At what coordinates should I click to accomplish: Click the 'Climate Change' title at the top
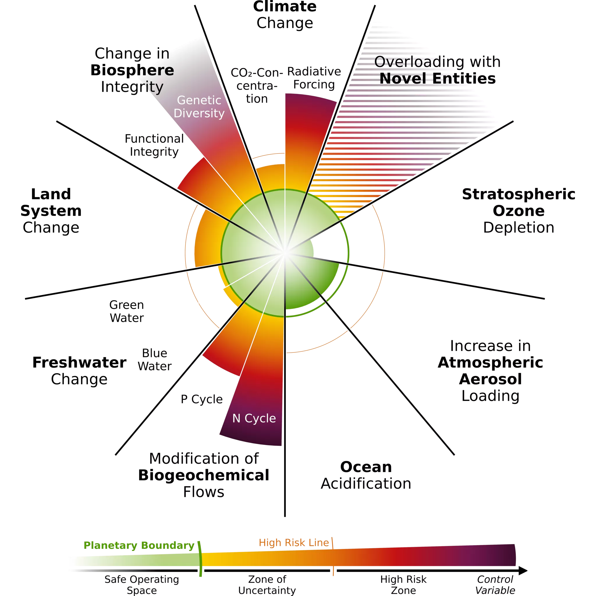pos(284,15)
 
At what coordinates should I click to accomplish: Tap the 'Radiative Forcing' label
pos(314,78)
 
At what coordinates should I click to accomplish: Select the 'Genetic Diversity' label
pos(199,107)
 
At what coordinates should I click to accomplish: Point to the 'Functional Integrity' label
pos(154,145)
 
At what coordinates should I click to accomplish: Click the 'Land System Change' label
pos(51,211)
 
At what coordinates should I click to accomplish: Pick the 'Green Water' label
pos(127,311)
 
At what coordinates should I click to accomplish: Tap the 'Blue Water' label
pos(155,359)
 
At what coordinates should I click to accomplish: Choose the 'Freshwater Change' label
pos(79,370)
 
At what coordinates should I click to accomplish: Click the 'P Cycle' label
pos(201,399)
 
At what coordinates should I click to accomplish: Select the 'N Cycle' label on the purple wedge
pos(254,418)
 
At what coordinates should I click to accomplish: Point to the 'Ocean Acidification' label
pos(366,476)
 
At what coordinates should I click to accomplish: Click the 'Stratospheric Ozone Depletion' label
pos(518,211)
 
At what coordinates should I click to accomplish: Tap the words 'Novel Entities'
pos(437,78)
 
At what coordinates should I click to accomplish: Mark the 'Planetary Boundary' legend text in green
pos(139,545)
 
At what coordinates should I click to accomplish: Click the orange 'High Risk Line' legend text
pos(294,543)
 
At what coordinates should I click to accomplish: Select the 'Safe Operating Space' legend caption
pos(142,585)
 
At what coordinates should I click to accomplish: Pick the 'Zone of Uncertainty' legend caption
pos(267,585)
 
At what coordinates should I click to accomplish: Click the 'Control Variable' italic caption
pos(495,585)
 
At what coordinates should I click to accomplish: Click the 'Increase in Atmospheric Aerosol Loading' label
pos(490,370)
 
